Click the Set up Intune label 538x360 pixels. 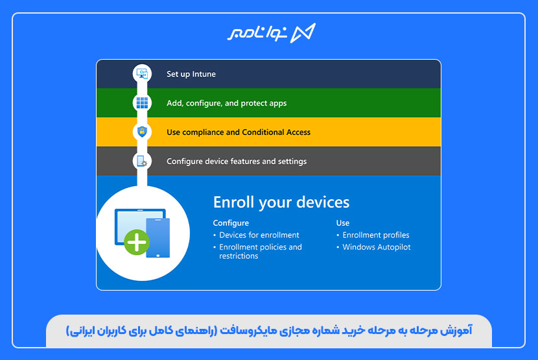(x=191, y=74)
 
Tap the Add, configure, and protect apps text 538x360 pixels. (x=226, y=103)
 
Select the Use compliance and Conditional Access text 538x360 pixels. (x=239, y=132)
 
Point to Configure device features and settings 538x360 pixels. (x=237, y=162)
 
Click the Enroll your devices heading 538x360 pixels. (x=281, y=202)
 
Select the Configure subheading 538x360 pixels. (x=231, y=223)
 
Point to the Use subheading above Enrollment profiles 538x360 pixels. (x=343, y=223)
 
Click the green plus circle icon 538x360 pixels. (x=137, y=242)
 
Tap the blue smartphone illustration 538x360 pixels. (x=158, y=237)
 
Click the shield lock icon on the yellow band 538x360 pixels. (x=142, y=132)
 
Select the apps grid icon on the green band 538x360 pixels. (x=142, y=102)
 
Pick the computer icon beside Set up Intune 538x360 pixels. (x=142, y=73)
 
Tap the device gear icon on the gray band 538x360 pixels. (x=142, y=161)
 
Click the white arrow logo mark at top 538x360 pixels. (x=303, y=33)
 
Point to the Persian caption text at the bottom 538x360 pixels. (x=269, y=331)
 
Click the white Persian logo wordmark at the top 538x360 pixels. (x=257, y=33)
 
